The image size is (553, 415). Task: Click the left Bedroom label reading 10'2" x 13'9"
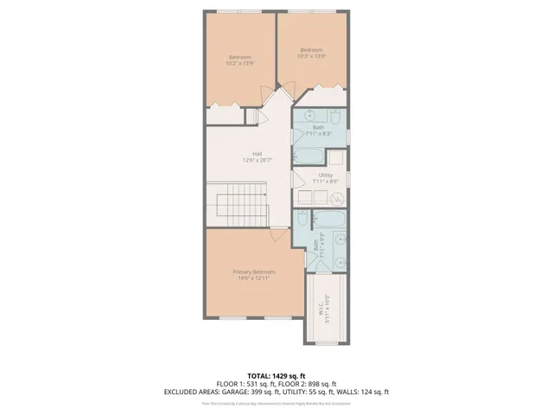coord(239,61)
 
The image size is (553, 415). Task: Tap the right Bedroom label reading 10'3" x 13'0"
coord(311,54)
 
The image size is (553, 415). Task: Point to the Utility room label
coord(325,177)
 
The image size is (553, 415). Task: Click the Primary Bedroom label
coord(253,275)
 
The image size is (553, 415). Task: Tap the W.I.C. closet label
coord(319,309)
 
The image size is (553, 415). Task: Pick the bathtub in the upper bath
coord(309,156)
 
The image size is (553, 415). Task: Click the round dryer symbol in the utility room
coord(339,198)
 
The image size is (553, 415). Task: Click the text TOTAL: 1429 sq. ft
coord(276,375)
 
